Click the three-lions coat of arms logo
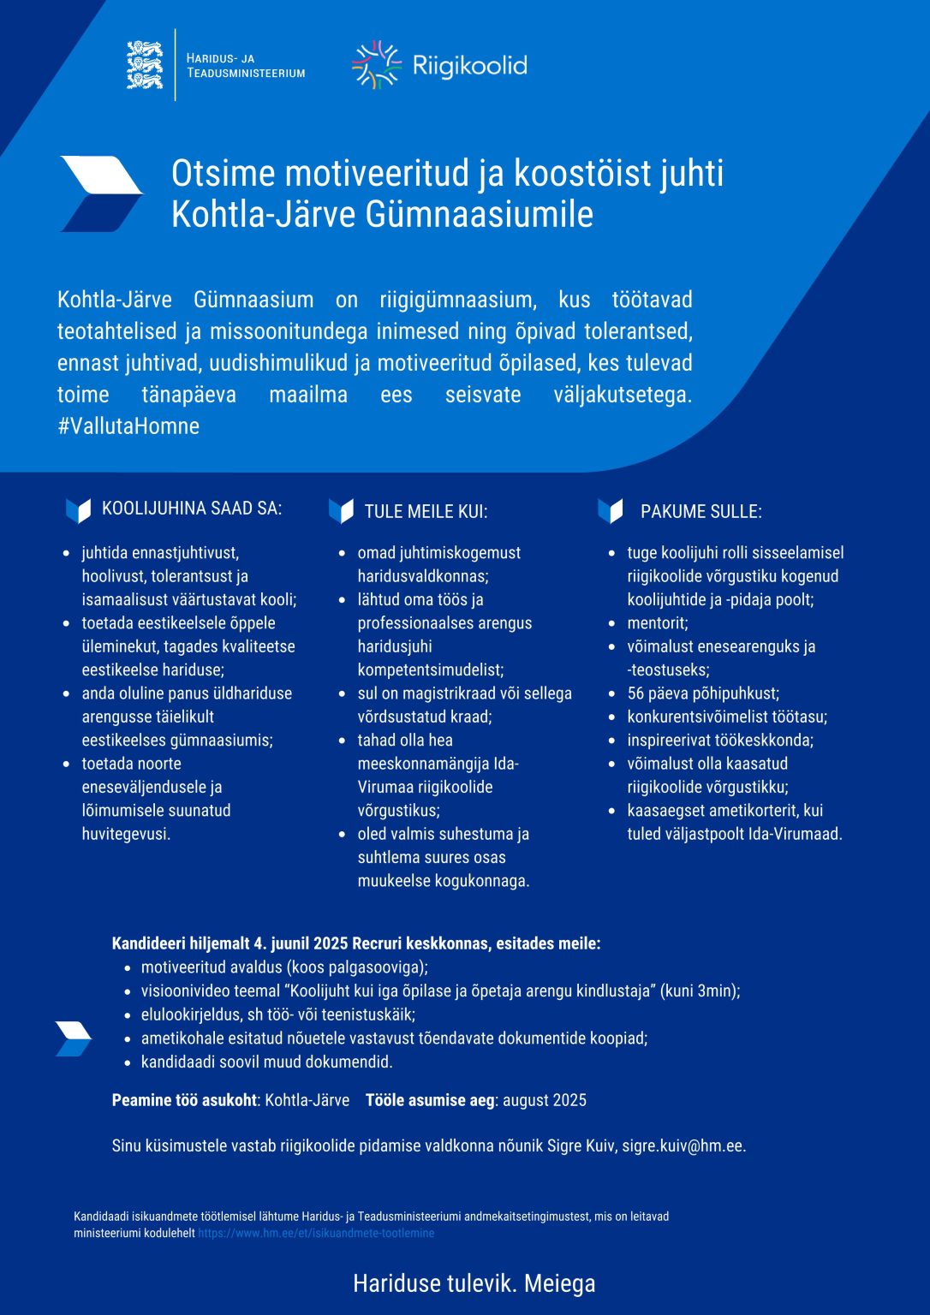(x=145, y=65)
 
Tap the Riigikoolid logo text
(x=469, y=66)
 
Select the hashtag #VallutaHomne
(x=128, y=426)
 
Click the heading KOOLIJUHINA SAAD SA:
(x=191, y=509)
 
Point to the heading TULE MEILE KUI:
(x=426, y=512)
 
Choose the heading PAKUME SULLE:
(x=700, y=512)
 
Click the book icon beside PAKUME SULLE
(x=611, y=511)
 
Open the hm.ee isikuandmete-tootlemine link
(x=316, y=1234)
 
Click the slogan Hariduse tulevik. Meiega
(x=474, y=1283)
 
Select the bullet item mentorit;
(x=658, y=623)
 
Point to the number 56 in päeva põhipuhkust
(x=635, y=693)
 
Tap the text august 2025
(x=545, y=1100)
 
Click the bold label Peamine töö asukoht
(x=184, y=1100)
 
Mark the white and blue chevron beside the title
(x=100, y=193)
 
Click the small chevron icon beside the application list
(x=74, y=1038)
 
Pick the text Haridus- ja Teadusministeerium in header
(x=245, y=66)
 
